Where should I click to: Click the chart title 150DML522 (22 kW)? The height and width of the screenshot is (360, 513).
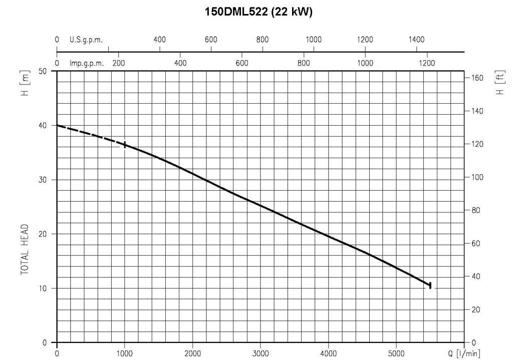tap(259, 12)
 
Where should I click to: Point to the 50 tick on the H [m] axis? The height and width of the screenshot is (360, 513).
tap(43, 71)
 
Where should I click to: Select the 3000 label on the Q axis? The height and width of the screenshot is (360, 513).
tap(261, 353)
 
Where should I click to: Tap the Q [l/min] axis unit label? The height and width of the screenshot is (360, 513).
tap(464, 353)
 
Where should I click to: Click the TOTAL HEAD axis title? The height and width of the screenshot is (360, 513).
tap(25, 249)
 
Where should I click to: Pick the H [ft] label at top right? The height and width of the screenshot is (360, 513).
tap(500, 83)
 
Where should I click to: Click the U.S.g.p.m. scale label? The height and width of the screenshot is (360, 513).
tap(86, 40)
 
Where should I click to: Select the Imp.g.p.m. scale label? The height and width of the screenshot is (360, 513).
tap(86, 63)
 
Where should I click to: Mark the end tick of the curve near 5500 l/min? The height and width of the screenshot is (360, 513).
tap(430, 285)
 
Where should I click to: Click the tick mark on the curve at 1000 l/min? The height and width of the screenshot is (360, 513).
tap(125, 145)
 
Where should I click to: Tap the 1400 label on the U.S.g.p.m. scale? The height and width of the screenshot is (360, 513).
tap(416, 40)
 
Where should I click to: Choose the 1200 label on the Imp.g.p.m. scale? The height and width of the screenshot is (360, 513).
tap(427, 63)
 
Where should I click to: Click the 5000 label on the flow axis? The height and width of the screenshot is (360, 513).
tap(396, 353)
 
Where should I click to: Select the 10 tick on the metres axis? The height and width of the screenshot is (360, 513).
tap(43, 288)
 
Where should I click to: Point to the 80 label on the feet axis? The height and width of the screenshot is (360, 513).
tap(475, 210)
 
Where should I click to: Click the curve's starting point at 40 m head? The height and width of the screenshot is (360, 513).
tap(57, 125)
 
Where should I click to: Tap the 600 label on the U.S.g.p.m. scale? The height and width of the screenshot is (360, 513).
tap(211, 40)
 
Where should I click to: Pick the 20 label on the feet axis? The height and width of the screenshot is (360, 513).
tap(475, 309)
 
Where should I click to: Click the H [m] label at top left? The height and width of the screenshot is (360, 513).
tap(25, 83)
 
